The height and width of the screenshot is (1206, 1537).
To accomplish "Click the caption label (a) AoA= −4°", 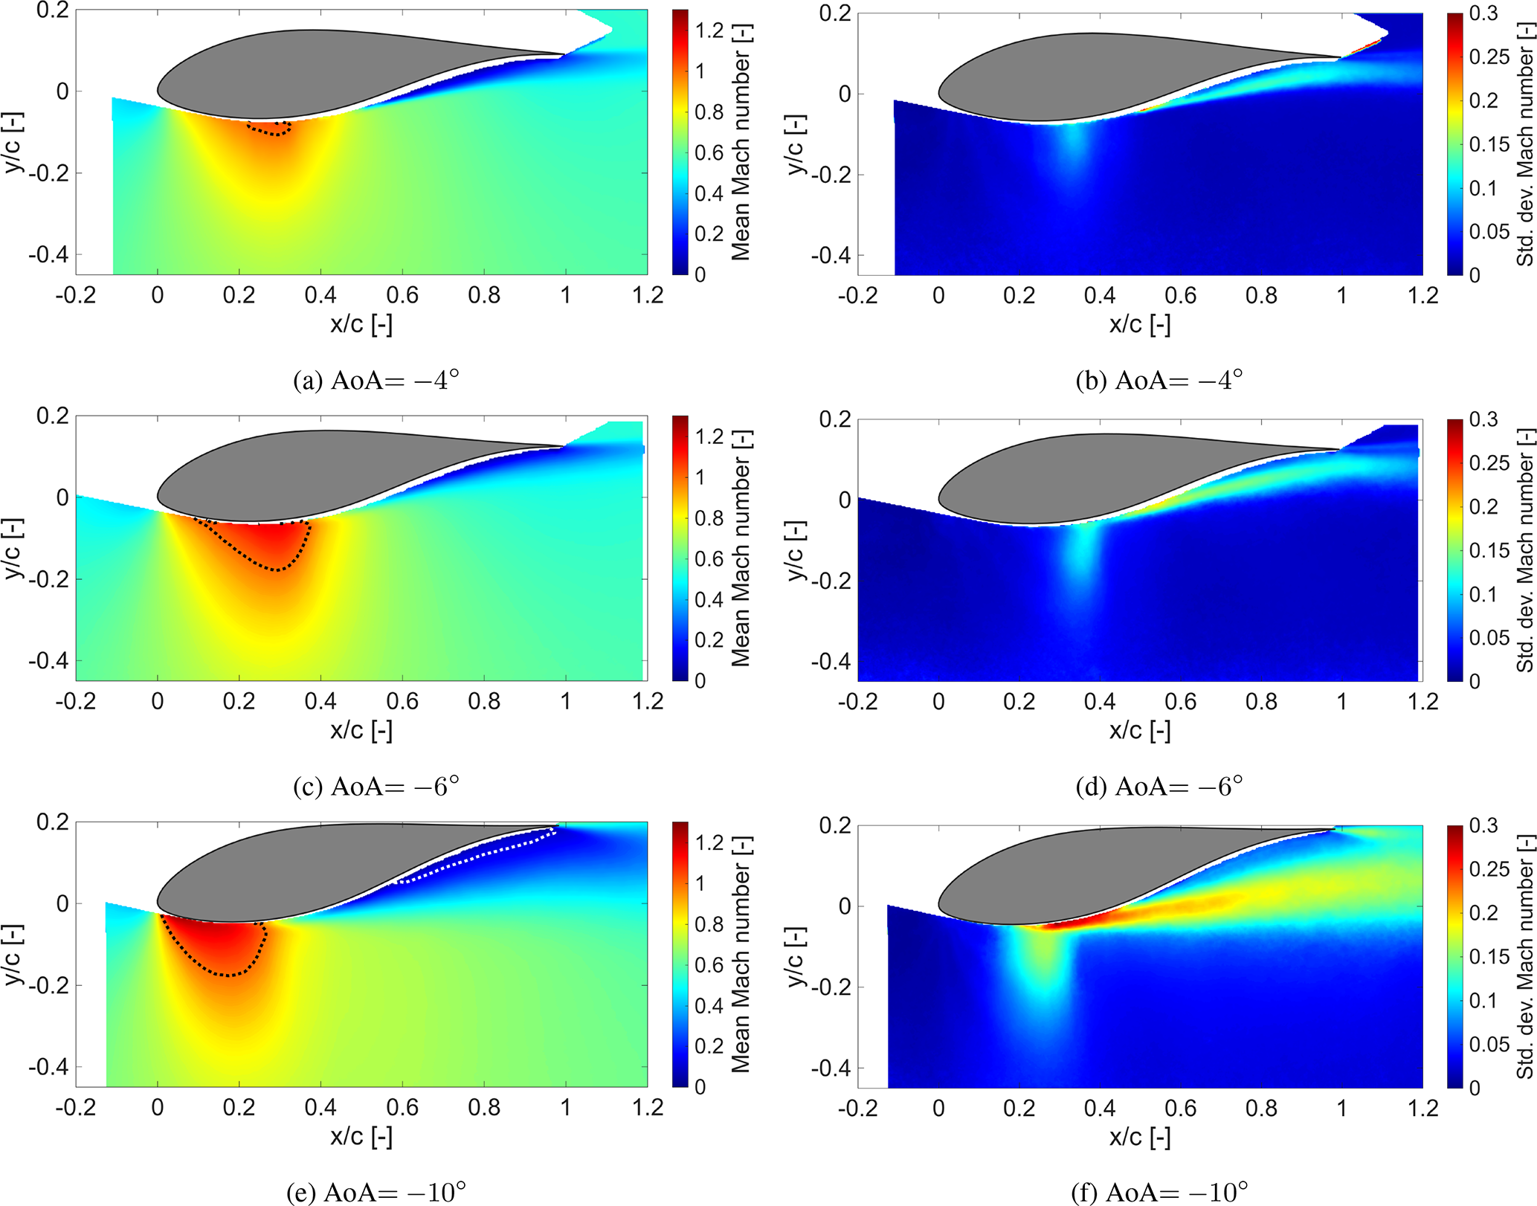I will tap(376, 381).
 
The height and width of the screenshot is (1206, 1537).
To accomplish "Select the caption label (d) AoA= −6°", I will tap(1159, 787).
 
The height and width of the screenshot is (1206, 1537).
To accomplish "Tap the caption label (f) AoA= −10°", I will tap(1159, 1193).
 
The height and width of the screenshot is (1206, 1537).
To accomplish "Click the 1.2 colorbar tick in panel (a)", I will tap(709, 30).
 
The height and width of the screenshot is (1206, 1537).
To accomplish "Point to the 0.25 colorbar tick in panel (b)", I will tap(1489, 57).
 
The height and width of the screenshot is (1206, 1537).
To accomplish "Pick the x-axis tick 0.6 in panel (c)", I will tap(402, 701).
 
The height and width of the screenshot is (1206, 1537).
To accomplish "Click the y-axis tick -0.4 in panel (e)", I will tap(48, 1066).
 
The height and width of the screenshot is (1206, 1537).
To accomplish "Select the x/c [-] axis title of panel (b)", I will tap(1139, 324).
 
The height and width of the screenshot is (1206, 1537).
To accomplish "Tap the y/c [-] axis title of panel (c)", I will tap(14, 549).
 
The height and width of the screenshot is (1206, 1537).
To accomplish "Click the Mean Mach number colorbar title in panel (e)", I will tap(741, 954).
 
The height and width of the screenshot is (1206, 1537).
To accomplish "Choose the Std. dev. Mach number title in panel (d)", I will tap(1525, 550).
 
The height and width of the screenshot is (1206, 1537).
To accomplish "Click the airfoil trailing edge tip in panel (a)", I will tap(564, 54).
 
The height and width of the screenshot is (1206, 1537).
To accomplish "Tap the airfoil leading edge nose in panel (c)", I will tap(158, 497).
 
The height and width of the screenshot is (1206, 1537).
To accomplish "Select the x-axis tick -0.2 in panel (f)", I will tap(857, 1108).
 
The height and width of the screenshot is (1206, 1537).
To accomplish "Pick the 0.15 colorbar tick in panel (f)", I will tap(1489, 957).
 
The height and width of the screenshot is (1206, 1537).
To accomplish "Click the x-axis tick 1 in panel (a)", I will tap(565, 295).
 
